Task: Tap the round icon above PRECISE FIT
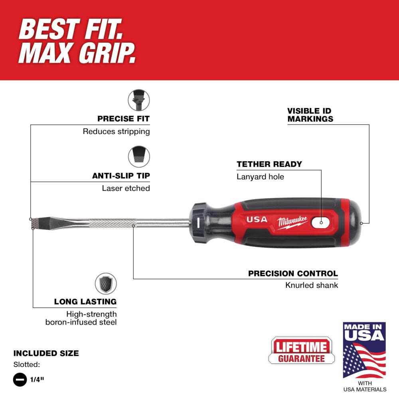coord(138,100)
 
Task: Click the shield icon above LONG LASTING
coord(106,284)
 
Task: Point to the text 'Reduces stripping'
coord(116,131)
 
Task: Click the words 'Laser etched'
coord(126,188)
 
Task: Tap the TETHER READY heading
coord(269,164)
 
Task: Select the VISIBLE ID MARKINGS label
coord(310,115)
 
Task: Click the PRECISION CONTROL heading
coord(293,274)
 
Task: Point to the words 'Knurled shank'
coord(311,285)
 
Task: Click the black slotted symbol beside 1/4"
coord(20,380)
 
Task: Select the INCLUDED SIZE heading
coord(46,353)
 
